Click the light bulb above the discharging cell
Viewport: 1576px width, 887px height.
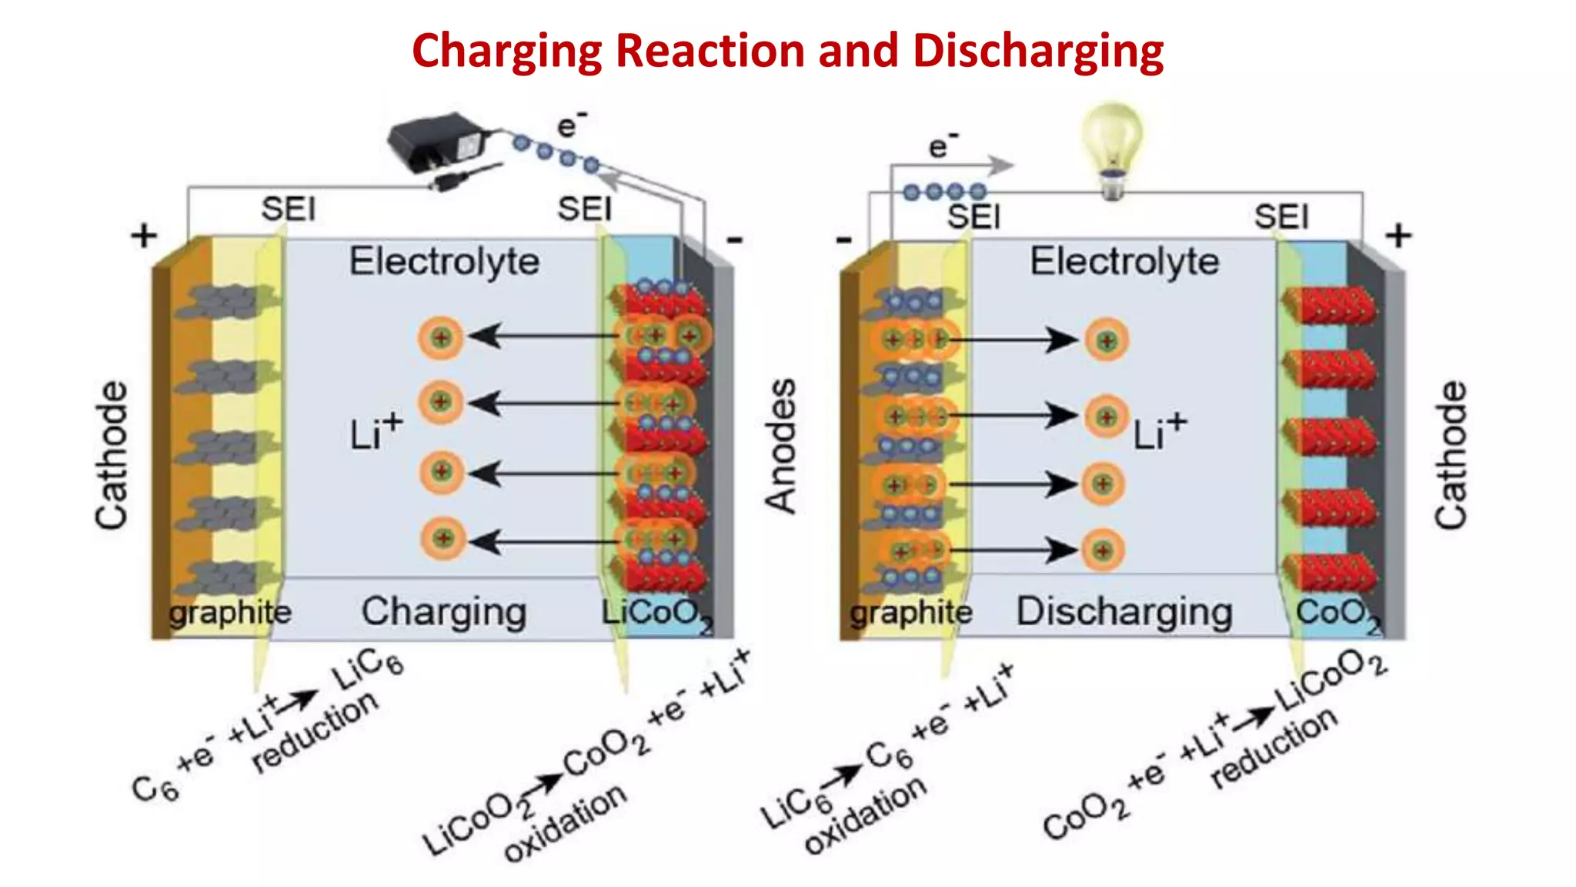[x=1111, y=146]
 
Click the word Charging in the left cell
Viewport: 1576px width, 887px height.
[x=444, y=612]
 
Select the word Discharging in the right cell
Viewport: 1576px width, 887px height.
[x=1124, y=612]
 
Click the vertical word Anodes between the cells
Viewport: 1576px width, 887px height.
[x=781, y=446]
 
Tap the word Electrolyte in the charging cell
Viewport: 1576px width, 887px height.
[x=444, y=261]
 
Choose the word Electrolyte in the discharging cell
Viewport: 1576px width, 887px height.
[x=1124, y=261]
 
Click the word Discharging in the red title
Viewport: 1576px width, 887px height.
[x=1037, y=51]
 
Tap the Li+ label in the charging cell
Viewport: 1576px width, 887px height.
[x=375, y=432]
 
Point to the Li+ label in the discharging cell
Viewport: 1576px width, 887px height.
[x=1159, y=432]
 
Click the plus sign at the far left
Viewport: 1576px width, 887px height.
[x=144, y=236]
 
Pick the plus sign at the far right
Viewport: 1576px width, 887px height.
[x=1398, y=236]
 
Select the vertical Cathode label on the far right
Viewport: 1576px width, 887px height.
[x=1451, y=454]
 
